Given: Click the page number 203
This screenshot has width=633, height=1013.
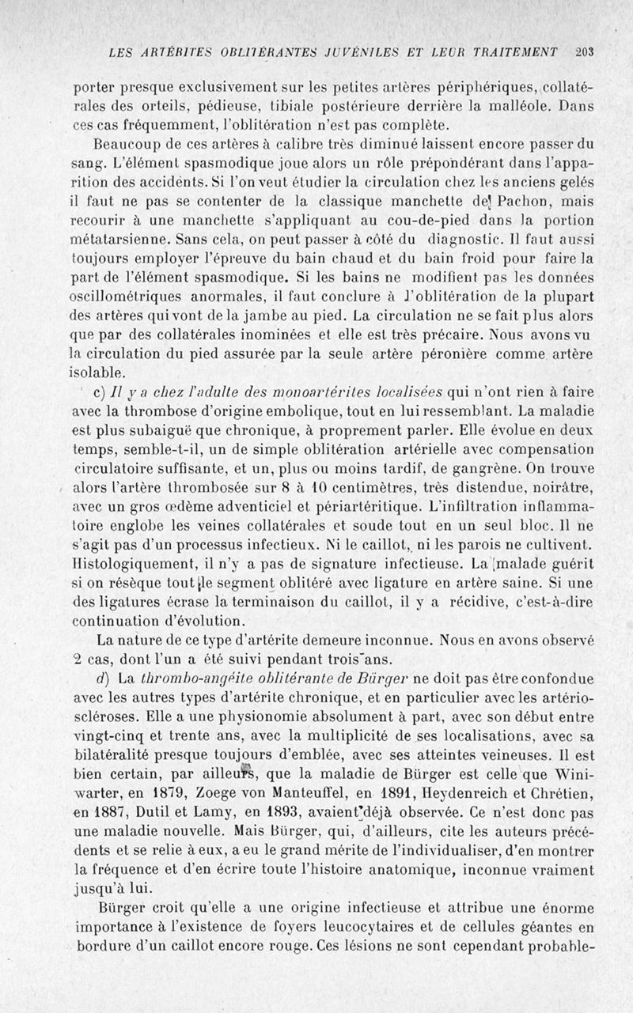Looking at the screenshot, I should coord(585,52).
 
